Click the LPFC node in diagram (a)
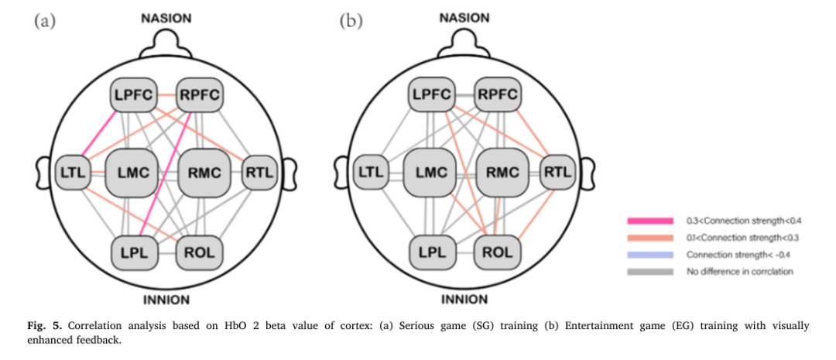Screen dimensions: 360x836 click(132, 96)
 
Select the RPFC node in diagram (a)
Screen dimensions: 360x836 click(200, 96)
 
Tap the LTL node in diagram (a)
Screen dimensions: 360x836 click(71, 173)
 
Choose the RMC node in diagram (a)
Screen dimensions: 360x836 click(204, 173)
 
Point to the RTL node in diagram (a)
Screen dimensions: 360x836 click(259, 173)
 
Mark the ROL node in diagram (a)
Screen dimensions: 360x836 click(200, 251)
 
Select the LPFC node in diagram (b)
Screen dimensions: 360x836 click(431, 96)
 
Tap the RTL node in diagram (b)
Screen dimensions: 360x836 click(557, 173)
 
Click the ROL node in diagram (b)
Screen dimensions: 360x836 click(497, 251)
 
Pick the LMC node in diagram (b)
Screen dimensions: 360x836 click(430, 173)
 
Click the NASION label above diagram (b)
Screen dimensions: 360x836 click(464, 17)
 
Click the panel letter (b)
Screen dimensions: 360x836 click(350, 21)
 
